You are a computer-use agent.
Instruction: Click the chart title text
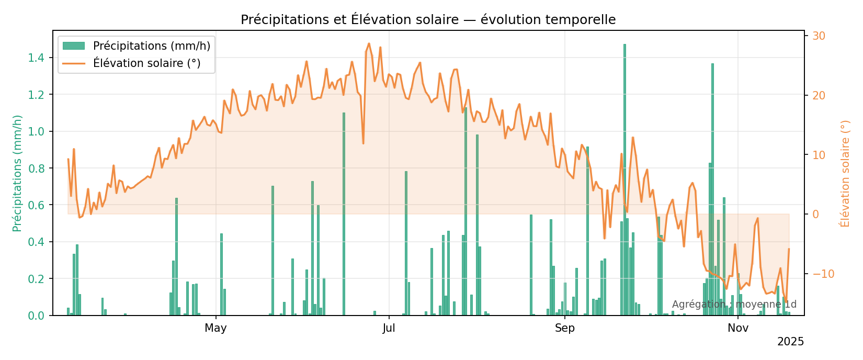428,20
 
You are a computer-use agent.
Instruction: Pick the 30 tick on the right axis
819,36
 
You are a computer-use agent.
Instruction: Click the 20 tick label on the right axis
819,96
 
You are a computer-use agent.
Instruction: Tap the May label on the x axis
215,329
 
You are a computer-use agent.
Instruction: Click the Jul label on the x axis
389,329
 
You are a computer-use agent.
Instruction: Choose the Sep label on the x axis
565,329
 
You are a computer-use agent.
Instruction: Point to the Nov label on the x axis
738,329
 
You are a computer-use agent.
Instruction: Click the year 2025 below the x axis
790,342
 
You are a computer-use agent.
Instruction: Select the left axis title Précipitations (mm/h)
17,173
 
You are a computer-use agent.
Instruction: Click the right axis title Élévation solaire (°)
845,173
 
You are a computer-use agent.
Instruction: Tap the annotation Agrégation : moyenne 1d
734,305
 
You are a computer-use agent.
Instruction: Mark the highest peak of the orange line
369,43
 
